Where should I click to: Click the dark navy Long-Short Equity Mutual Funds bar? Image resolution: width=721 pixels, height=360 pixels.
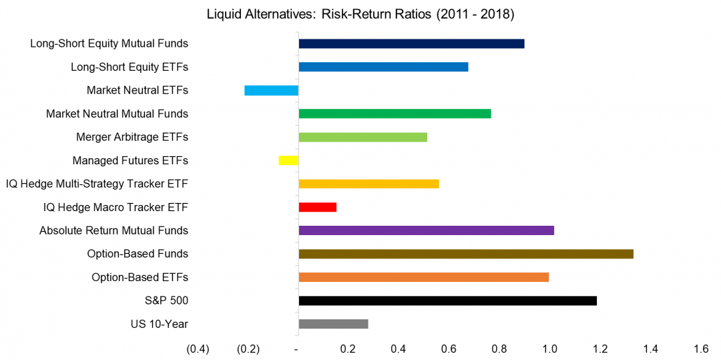point(411,44)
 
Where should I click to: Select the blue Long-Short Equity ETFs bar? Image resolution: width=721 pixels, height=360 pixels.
point(383,67)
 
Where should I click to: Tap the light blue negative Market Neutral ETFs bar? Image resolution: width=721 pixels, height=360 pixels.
point(271,90)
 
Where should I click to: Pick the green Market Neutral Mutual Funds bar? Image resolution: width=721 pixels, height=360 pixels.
point(395,114)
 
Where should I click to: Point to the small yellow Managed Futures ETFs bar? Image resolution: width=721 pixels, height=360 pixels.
point(288,160)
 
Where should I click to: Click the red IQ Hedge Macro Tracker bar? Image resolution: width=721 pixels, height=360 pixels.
point(318,207)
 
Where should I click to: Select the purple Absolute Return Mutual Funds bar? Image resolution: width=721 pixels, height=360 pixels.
point(426,230)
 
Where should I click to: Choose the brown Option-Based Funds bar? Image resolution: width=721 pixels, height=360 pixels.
point(466,254)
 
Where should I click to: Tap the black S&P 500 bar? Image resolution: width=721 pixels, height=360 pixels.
point(447,301)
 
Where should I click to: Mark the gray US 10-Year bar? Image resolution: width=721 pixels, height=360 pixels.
point(333,324)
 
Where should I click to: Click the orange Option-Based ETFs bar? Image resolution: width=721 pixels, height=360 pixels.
point(423,277)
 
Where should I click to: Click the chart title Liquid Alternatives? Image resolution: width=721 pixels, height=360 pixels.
point(360,14)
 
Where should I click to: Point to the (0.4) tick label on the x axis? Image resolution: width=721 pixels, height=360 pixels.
point(198,349)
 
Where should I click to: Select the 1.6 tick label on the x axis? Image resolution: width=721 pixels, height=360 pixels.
point(701,349)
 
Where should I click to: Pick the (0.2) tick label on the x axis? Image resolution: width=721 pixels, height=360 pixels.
point(248,349)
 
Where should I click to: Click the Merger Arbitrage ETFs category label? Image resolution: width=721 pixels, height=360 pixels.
point(132,137)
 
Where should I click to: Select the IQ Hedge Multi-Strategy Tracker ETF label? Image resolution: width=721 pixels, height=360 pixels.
point(97,184)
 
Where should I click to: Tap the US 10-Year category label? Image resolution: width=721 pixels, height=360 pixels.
point(160,324)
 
